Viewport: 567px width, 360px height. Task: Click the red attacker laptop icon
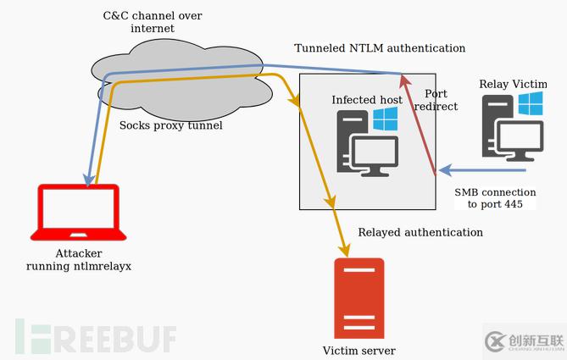pos(77,213)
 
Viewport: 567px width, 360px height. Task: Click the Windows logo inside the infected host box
pos(386,119)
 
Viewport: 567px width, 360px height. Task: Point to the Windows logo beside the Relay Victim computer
pos(531,104)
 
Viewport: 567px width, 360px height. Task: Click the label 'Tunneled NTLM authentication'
pos(380,49)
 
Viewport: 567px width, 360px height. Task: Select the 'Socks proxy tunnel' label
pos(171,125)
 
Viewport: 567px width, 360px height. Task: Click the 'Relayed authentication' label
pos(420,232)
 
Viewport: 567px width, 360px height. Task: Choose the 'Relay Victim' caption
pos(514,84)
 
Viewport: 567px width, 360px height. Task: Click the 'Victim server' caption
pos(359,351)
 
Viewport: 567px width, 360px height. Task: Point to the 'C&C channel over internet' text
pos(153,22)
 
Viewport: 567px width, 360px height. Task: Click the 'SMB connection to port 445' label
pos(496,198)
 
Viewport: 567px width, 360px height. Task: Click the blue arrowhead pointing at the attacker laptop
pos(87,179)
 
